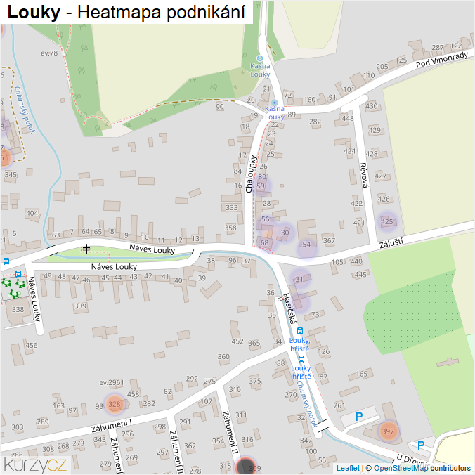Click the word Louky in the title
click(x=33, y=12)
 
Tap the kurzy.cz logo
click(x=35, y=464)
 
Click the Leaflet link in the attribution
click(x=347, y=468)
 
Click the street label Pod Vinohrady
click(x=441, y=62)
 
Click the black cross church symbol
click(x=86, y=248)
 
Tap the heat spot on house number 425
click(x=386, y=222)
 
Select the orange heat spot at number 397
click(x=387, y=431)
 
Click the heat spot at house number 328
click(x=115, y=404)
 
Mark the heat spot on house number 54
click(x=306, y=245)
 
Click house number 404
click(x=32, y=212)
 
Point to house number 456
click(x=31, y=345)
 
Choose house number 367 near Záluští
click(x=329, y=241)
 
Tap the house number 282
click(x=315, y=122)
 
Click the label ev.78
click(x=49, y=53)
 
